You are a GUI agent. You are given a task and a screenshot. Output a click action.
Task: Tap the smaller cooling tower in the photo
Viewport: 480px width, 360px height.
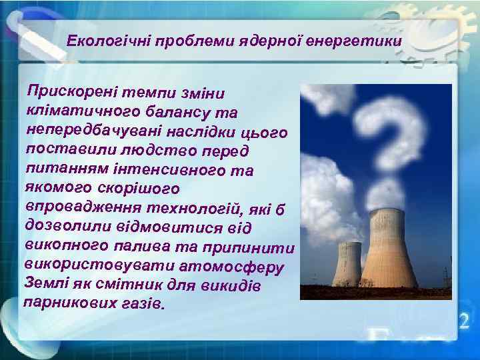click(347, 264)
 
